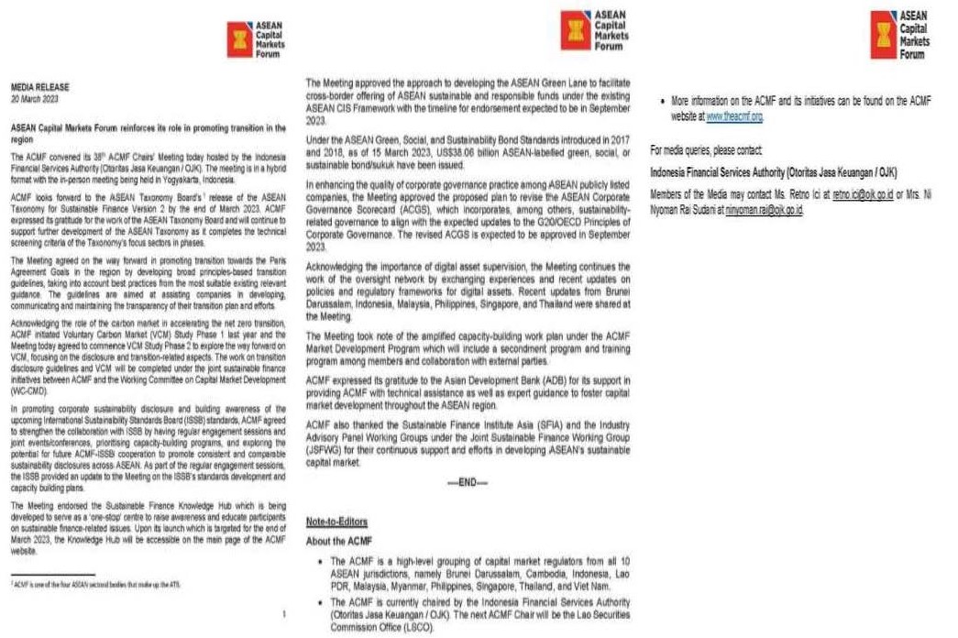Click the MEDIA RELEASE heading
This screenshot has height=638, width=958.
tap(39, 87)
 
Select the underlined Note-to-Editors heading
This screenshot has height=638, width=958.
tap(336, 522)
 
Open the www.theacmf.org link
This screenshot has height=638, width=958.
tap(734, 118)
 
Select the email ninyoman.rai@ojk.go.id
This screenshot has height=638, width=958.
tap(764, 210)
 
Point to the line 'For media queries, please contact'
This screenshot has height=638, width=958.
tap(706, 148)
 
